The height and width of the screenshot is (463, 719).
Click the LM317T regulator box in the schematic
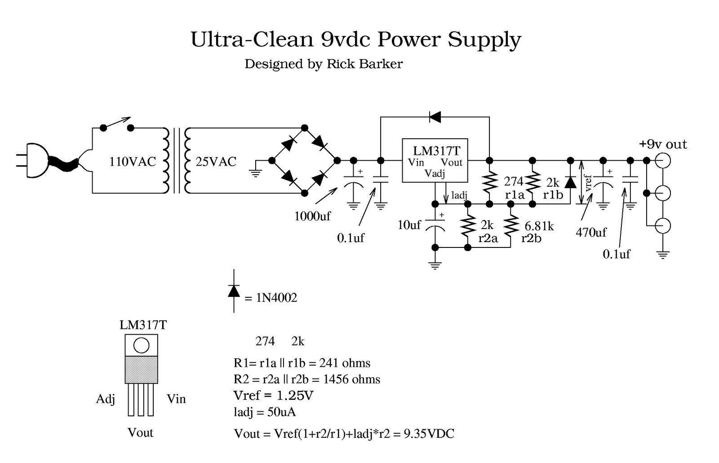click(435, 160)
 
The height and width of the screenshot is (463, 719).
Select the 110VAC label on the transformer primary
click(133, 162)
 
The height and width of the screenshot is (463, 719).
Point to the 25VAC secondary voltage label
click(216, 162)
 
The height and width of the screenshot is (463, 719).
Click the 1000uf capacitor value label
click(312, 216)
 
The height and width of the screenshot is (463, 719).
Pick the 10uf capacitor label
click(409, 225)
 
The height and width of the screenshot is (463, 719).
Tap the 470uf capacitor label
click(591, 232)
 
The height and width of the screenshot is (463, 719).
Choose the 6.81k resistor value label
click(539, 226)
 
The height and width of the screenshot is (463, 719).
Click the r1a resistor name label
click(515, 195)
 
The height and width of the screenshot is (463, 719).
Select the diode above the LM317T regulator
click(435, 117)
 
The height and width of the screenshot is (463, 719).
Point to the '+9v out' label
click(663, 145)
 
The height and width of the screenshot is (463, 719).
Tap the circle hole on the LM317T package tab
click(141, 345)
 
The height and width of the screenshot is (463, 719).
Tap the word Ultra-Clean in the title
click(252, 40)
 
